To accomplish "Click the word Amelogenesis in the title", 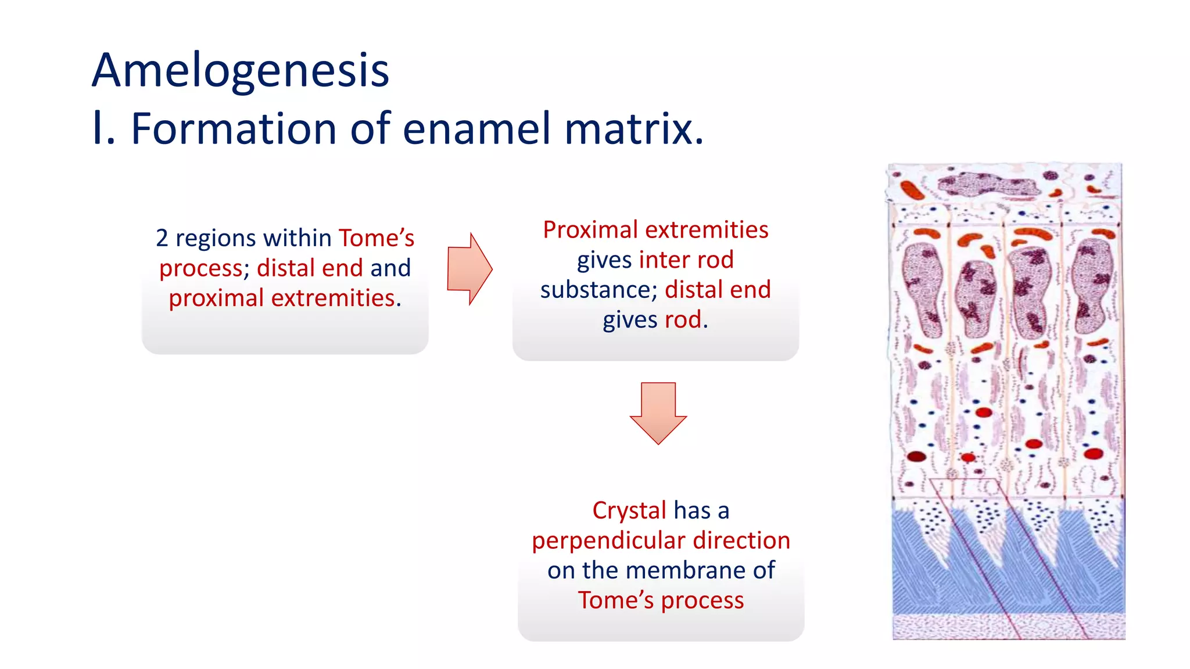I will click(240, 71).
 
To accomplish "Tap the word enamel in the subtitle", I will click(476, 129).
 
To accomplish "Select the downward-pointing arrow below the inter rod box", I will click(658, 412).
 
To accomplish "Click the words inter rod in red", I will click(686, 260).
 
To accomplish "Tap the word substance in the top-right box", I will click(595, 290).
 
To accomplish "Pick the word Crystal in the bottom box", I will click(629, 511).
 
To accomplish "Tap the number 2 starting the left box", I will click(162, 239).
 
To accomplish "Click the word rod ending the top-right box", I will click(683, 320).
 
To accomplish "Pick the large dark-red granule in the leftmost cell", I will click(916, 456).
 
